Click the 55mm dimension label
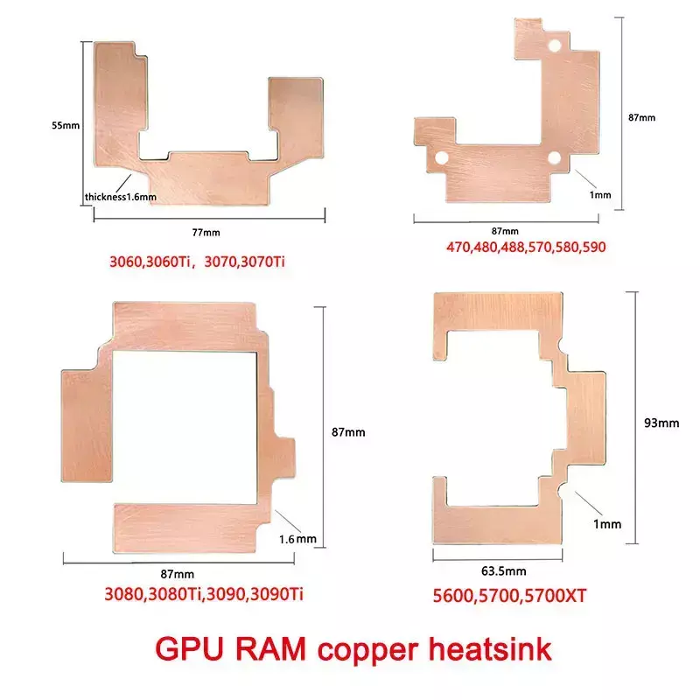pos(66,126)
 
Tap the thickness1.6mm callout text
pos(121,197)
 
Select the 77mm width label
pos(206,232)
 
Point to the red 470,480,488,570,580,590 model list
pos(512,247)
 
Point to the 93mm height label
pos(661,423)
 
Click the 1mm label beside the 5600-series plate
pos(606,524)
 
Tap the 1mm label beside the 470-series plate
pos(600,194)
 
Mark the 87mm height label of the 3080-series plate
pos(348,432)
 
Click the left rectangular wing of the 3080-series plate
pos(87,425)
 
